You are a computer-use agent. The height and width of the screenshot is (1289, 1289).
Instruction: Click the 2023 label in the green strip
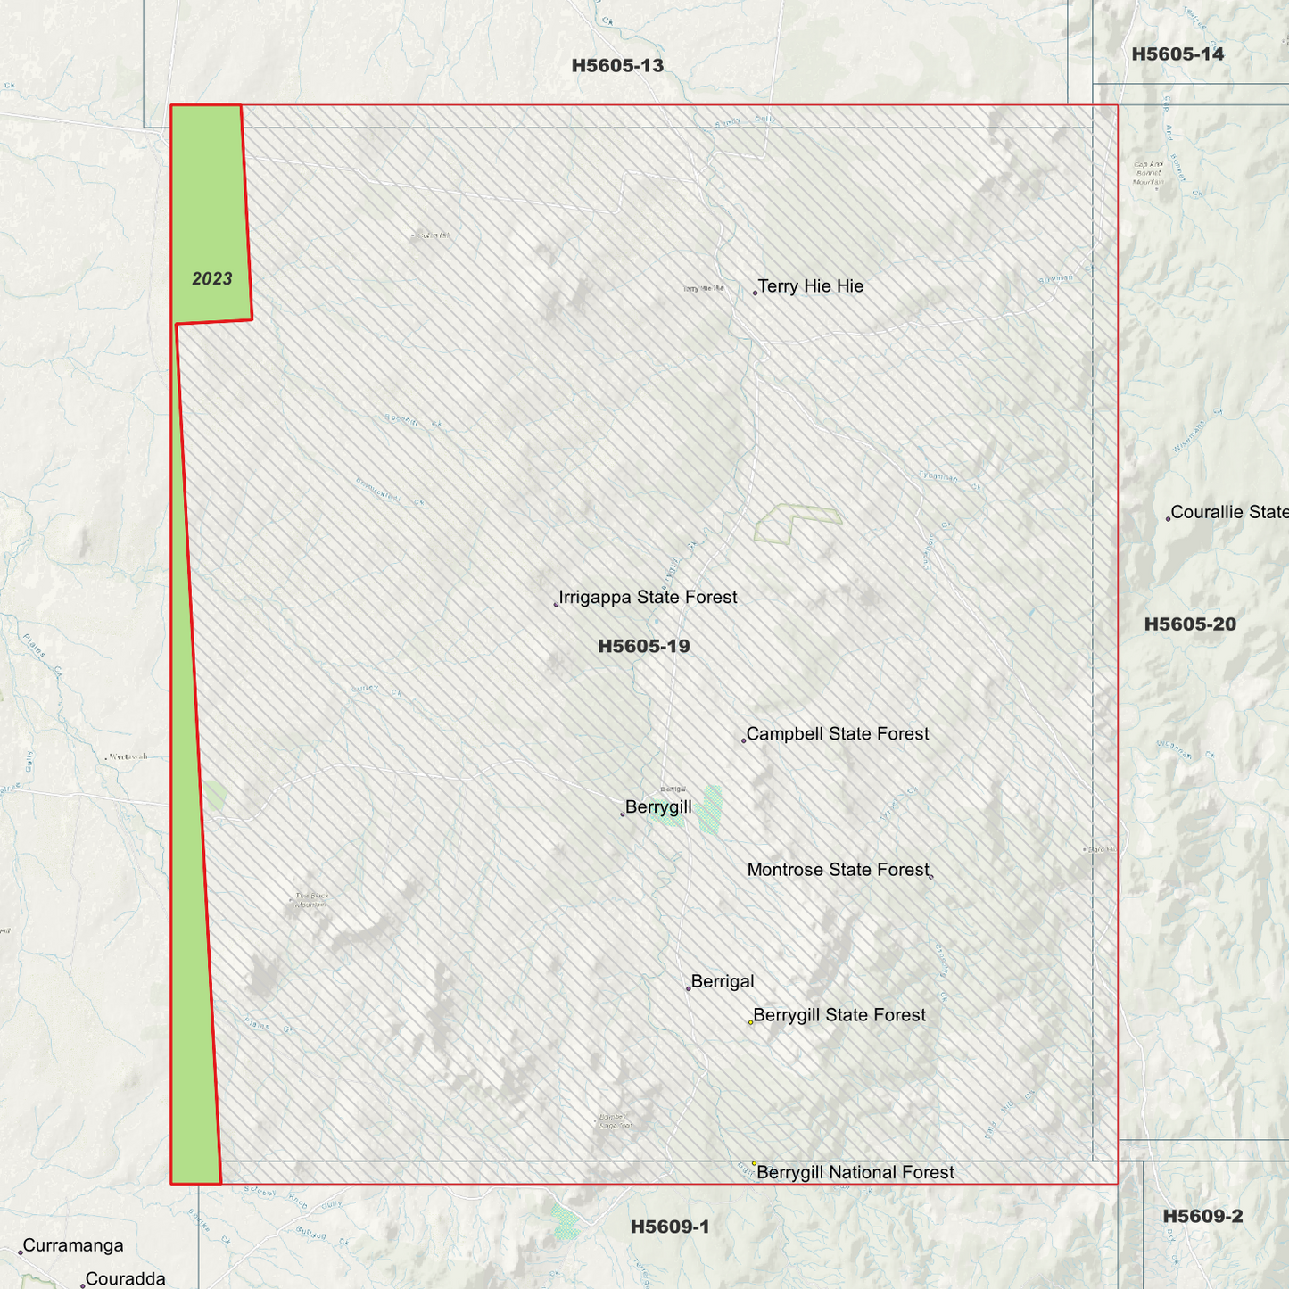[x=212, y=279]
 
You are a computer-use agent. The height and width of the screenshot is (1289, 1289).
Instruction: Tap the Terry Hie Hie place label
[x=811, y=286]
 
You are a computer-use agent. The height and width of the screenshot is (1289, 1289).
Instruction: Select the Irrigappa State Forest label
[x=648, y=598]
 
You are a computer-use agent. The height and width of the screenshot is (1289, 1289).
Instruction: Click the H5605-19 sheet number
[x=644, y=647]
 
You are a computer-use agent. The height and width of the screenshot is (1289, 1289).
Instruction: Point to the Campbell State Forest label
[x=838, y=734]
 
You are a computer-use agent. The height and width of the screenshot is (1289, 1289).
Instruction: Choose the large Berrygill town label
[x=658, y=808]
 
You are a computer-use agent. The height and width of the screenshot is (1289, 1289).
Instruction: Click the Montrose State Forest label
[x=838, y=870]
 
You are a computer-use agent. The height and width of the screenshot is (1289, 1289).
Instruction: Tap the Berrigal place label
[x=723, y=982]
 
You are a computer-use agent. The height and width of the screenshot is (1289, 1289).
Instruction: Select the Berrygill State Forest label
[x=839, y=1015]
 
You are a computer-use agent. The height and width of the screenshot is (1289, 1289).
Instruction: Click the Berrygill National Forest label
[x=855, y=1173]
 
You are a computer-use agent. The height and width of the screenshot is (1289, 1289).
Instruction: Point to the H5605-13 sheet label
[x=617, y=66]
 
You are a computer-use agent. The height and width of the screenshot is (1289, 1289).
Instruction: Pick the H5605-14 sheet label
[x=1177, y=54]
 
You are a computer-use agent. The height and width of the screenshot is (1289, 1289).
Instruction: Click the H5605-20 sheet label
[x=1190, y=624]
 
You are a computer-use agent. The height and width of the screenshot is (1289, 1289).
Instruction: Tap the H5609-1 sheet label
[x=670, y=1227]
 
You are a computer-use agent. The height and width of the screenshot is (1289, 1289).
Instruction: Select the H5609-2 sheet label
[x=1202, y=1217]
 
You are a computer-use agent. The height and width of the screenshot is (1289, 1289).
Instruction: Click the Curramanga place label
[x=73, y=1246]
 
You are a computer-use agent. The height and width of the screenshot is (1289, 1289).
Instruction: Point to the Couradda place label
[x=126, y=1279]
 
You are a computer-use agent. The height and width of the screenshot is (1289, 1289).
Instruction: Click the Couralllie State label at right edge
[x=1229, y=513]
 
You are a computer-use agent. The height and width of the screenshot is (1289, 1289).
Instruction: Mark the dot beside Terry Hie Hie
[x=755, y=293]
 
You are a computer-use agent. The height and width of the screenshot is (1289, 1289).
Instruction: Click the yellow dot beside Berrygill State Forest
[x=751, y=1022]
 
